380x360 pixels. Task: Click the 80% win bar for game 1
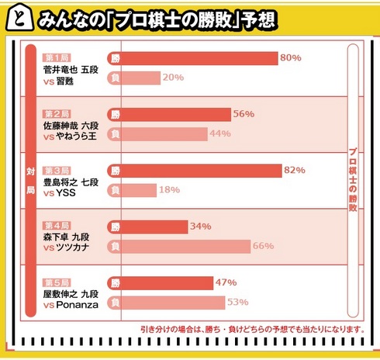tap(200, 58)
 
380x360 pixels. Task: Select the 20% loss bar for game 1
tap(141, 77)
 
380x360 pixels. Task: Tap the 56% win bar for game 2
tap(177, 114)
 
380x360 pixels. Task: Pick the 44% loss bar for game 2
tap(164, 133)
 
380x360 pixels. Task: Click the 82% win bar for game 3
tap(202, 170)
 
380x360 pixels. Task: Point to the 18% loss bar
tap(140, 189)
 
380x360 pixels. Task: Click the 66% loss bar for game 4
tap(186, 246)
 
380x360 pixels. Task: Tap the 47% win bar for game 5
tap(168, 282)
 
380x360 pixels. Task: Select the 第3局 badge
tap(57, 170)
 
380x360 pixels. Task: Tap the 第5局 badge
tap(57, 282)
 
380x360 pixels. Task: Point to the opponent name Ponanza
tap(76, 306)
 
